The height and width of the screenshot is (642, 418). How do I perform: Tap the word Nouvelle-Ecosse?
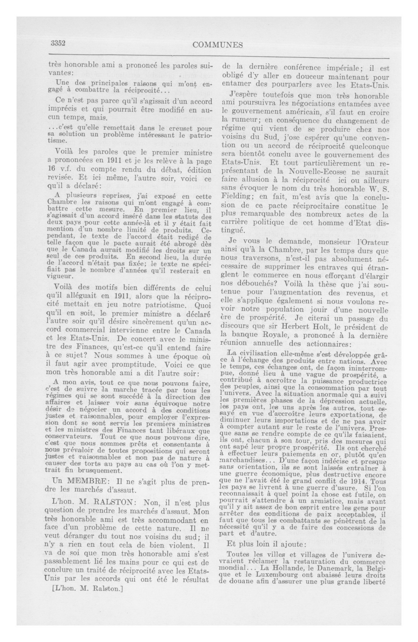(305, 172)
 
